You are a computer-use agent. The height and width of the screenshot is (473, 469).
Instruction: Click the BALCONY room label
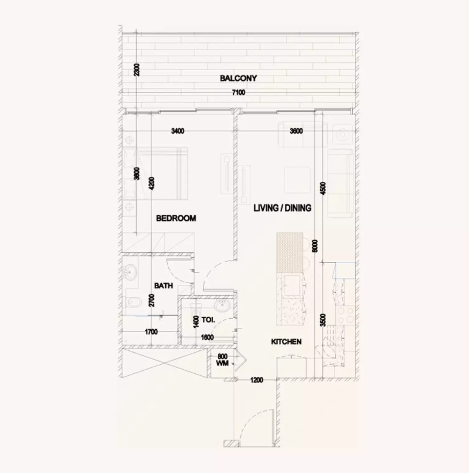coord(238,78)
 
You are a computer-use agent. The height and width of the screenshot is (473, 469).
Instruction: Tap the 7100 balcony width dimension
coord(239,92)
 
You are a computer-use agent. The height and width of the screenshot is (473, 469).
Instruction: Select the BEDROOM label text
coord(176,218)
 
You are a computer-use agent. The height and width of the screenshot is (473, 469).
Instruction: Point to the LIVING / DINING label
coord(282,208)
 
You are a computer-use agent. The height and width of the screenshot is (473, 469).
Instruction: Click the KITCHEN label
coord(286,342)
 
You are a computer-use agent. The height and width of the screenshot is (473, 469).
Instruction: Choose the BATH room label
coord(163,286)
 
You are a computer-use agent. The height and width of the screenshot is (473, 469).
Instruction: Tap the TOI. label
coord(208,320)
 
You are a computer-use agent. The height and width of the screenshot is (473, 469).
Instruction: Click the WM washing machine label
coord(222,363)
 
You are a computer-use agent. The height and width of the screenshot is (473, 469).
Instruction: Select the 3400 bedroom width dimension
coord(178,131)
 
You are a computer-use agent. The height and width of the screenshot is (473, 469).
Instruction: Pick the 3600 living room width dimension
coord(296,131)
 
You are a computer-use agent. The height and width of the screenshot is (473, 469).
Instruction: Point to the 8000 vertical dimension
coord(315,246)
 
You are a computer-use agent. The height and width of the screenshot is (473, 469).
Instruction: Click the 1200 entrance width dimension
coord(257,380)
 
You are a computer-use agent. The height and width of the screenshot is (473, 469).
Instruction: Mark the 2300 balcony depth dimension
coord(137,70)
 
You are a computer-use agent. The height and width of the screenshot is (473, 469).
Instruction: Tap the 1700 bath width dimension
coord(151,332)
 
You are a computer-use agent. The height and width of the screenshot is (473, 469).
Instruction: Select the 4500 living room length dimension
coord(323,189)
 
